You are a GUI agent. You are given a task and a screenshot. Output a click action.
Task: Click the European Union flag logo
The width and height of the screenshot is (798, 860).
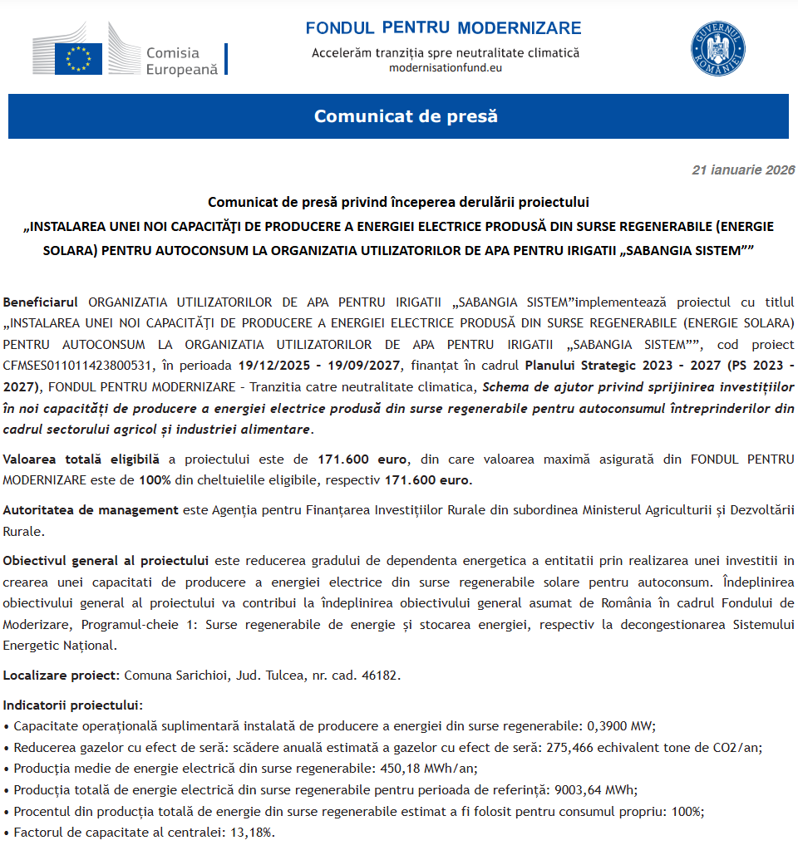(x=79, y=58)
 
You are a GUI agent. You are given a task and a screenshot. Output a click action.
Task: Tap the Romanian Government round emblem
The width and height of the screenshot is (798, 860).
(x=718, y=49)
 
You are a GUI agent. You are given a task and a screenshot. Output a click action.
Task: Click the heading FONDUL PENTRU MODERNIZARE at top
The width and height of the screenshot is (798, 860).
(x=443, y=28)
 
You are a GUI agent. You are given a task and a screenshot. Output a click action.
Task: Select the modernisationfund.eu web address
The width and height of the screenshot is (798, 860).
(x=446, y=68)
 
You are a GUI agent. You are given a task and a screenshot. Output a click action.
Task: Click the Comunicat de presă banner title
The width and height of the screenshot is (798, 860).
(x=406, y=116)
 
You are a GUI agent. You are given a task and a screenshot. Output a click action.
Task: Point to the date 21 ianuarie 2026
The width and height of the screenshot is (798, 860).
(x=743, y=170)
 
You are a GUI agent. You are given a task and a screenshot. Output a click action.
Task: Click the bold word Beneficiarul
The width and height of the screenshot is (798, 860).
(x=41, y=301)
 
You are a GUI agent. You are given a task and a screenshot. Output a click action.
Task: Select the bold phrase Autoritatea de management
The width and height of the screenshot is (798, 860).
(x=91, y=509)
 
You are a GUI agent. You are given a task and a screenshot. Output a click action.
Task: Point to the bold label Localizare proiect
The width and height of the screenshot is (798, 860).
(x=61, y=675)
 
